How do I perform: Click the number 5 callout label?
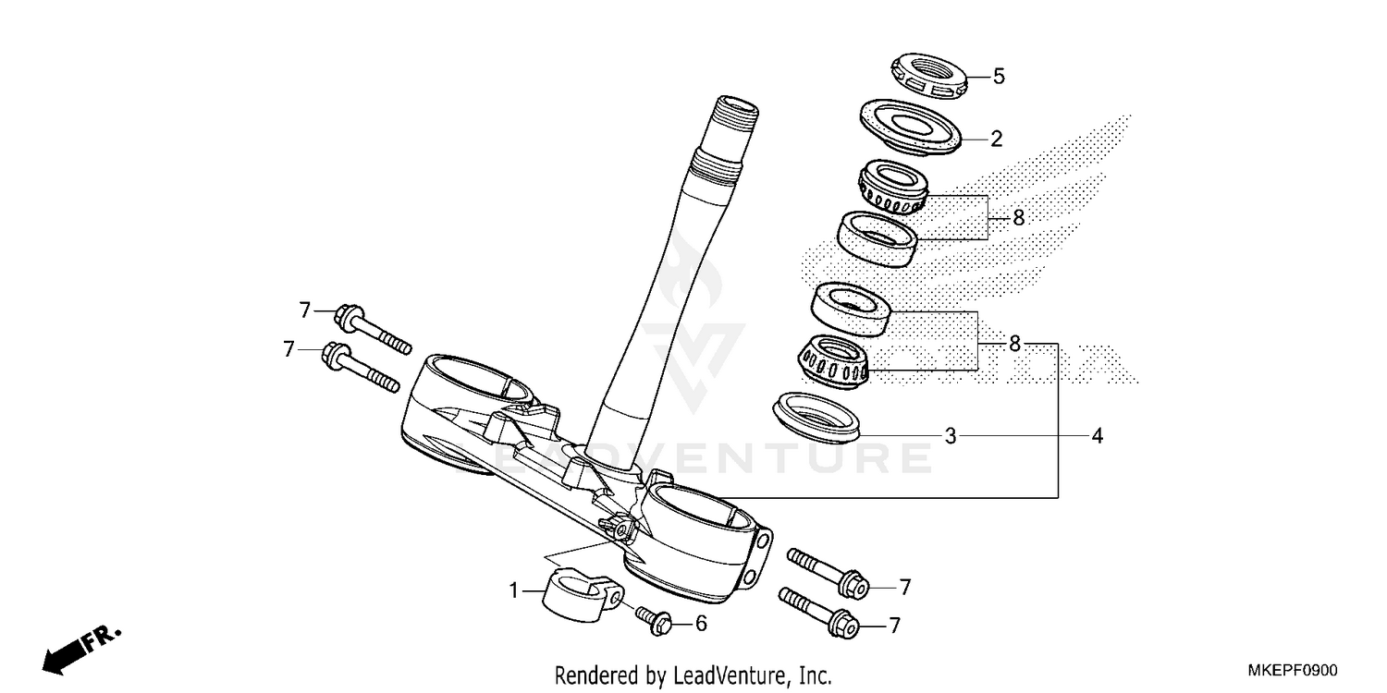(999, 77)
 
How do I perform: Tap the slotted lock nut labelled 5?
(928, 76)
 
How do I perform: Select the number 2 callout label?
(996, 140)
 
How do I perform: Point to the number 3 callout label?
(951, 435)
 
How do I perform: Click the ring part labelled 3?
(817, 415)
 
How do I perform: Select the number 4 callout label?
(1097, 435)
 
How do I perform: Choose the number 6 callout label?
(701, 625)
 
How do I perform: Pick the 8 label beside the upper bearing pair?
(1018, 218)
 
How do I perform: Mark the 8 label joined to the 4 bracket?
(1014, 344)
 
